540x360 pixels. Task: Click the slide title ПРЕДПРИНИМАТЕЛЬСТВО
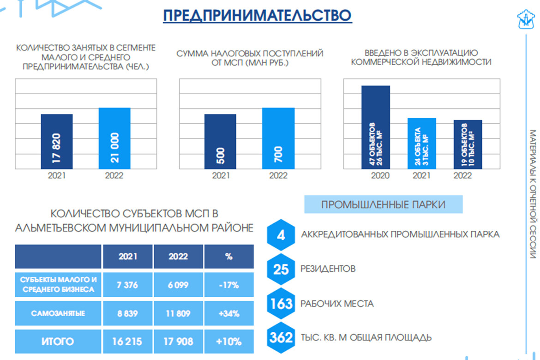(257, 15)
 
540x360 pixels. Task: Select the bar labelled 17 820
(57, 141)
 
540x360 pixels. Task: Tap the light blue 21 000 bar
(114, 138)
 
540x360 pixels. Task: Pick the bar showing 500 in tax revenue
(220, 141)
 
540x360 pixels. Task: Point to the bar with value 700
(278, 138)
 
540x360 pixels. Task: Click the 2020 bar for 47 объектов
(376, 127)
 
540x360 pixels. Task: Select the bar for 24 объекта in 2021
(422, 143)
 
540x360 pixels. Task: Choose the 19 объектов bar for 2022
(468, 144)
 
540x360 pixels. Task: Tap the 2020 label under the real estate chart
(380, 176)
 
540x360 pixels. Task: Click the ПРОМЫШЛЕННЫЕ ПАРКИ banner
(383, 205)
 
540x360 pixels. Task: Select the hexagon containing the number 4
(281, 235)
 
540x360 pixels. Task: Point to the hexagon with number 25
(281, 269)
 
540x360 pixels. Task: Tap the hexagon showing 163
(281, 304)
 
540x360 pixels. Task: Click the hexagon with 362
(281, 337)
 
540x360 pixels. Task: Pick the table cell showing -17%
(229, 285)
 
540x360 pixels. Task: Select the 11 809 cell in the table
(178, 313)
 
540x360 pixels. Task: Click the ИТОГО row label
(58, 342)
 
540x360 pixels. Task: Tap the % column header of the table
(229, 257)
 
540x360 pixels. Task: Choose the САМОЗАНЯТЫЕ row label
(58, 313)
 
